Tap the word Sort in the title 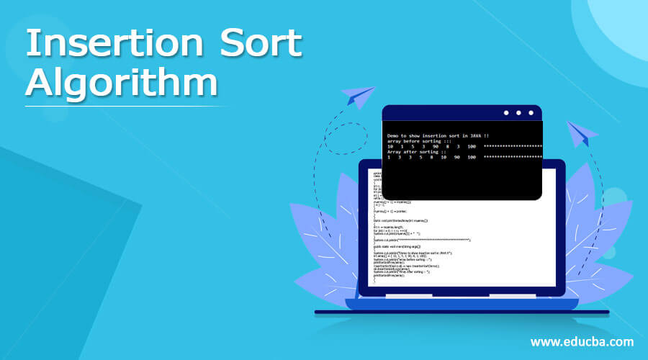tap(262, 45)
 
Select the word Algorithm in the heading tap(121, 83)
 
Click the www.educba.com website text tap(582, 341)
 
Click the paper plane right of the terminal tap(582, 135)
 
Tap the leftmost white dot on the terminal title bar tap(506, 112)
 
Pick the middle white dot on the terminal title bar tap(518, 112)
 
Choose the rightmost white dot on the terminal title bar tap(531, 112)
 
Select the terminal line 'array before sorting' tap(415, 141)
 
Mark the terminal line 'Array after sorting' tap(415, 152)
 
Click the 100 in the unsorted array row tap(472, 146)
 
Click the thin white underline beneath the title tap(126, 106)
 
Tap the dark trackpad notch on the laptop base tap(461, 295)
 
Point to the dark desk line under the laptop tap(461, 312)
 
